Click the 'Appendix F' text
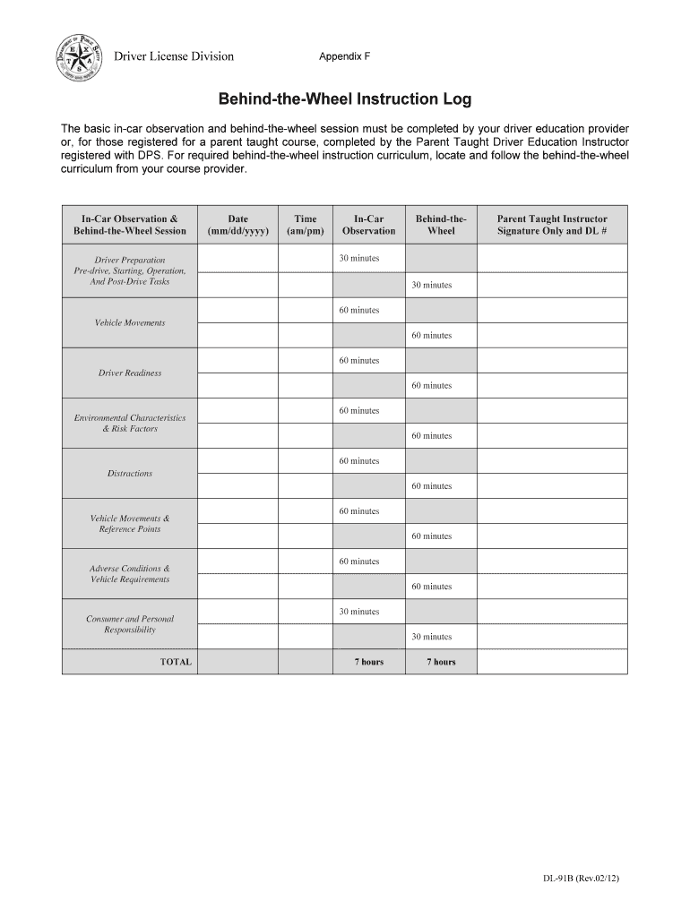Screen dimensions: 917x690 [344, 57]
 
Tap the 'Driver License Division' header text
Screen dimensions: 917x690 [173, 57]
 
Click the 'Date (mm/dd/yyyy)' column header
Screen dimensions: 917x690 [237, 225]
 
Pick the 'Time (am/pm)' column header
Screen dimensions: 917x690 [305, 225]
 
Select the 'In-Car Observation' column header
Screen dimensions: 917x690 [368, 225]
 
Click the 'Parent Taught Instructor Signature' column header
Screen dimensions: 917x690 [552, 225]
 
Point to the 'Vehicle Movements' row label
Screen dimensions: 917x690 [130, 322]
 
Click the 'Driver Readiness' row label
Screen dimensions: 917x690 [130, 373]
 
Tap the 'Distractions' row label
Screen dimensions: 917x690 [130, 473]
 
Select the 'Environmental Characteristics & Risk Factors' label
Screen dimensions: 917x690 [130, 423]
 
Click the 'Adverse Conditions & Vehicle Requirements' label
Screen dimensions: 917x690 [130, 574]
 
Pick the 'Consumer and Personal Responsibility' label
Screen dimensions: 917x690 [130, 624]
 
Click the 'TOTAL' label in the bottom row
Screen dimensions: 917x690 [176, 662]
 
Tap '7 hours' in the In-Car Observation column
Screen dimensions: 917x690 [368, 662]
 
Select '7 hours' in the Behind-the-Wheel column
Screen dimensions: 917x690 [441, 662]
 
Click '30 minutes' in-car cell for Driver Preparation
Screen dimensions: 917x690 [358, 259]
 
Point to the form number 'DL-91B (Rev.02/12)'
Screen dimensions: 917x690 [582, 878]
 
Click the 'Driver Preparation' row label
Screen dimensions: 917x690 [130, 260]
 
